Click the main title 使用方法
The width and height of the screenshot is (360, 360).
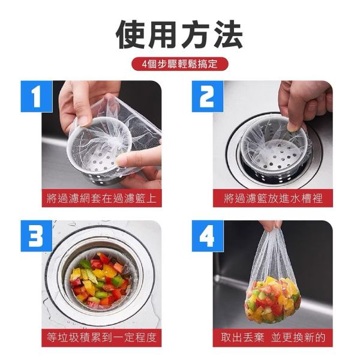pos(179,34)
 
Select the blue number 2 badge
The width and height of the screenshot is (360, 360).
pos(207,96)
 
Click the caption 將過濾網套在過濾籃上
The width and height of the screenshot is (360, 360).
pos(101,198)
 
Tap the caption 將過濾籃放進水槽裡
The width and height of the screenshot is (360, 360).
pos(272,198)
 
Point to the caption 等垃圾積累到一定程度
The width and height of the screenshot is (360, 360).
pos(101,337)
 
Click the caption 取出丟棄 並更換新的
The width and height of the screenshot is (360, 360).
pos(272,337)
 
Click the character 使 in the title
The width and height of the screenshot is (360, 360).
pos(131,34)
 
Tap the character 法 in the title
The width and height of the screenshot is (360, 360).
pos(227,34)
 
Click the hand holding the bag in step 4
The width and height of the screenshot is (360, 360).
pos(271,225)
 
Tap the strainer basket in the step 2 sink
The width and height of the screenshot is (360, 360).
pos(273,150)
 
